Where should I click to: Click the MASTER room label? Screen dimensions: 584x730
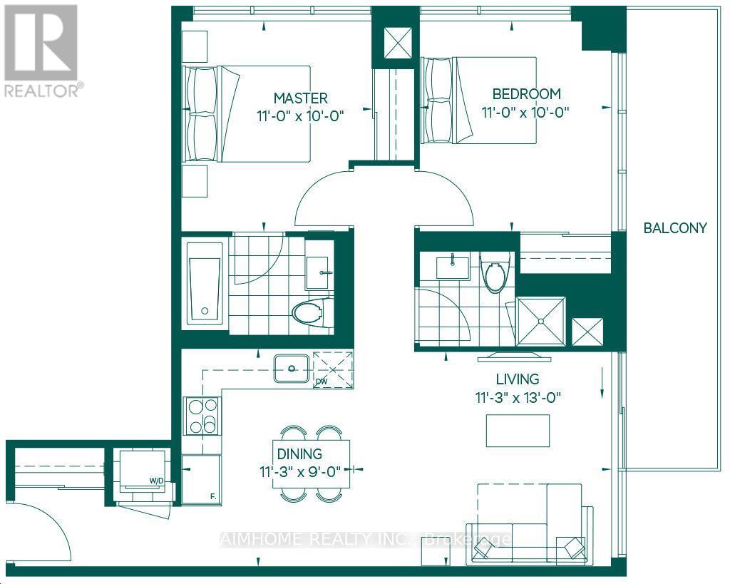pos(301,98)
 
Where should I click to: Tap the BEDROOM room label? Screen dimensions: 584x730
pos(527,93)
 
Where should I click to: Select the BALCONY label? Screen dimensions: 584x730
pos(674,228)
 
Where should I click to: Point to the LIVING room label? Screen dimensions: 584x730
pos(518,379)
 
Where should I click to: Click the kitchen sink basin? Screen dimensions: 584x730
pos(292,368)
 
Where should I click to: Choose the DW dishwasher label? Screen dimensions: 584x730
pos(321,381)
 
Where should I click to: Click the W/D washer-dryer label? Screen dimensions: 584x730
pos(156,481)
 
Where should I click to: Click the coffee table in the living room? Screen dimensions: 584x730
pos(518,430)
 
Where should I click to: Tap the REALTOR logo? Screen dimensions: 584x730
pos(41,50)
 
